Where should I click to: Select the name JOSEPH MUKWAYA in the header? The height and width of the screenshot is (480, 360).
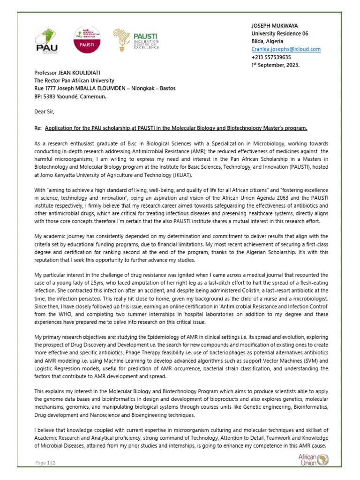pos(275,25)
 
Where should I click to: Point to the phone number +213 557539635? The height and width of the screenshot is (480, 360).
pos(271,57)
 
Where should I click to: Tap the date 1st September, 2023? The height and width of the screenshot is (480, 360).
pos(275,65)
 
